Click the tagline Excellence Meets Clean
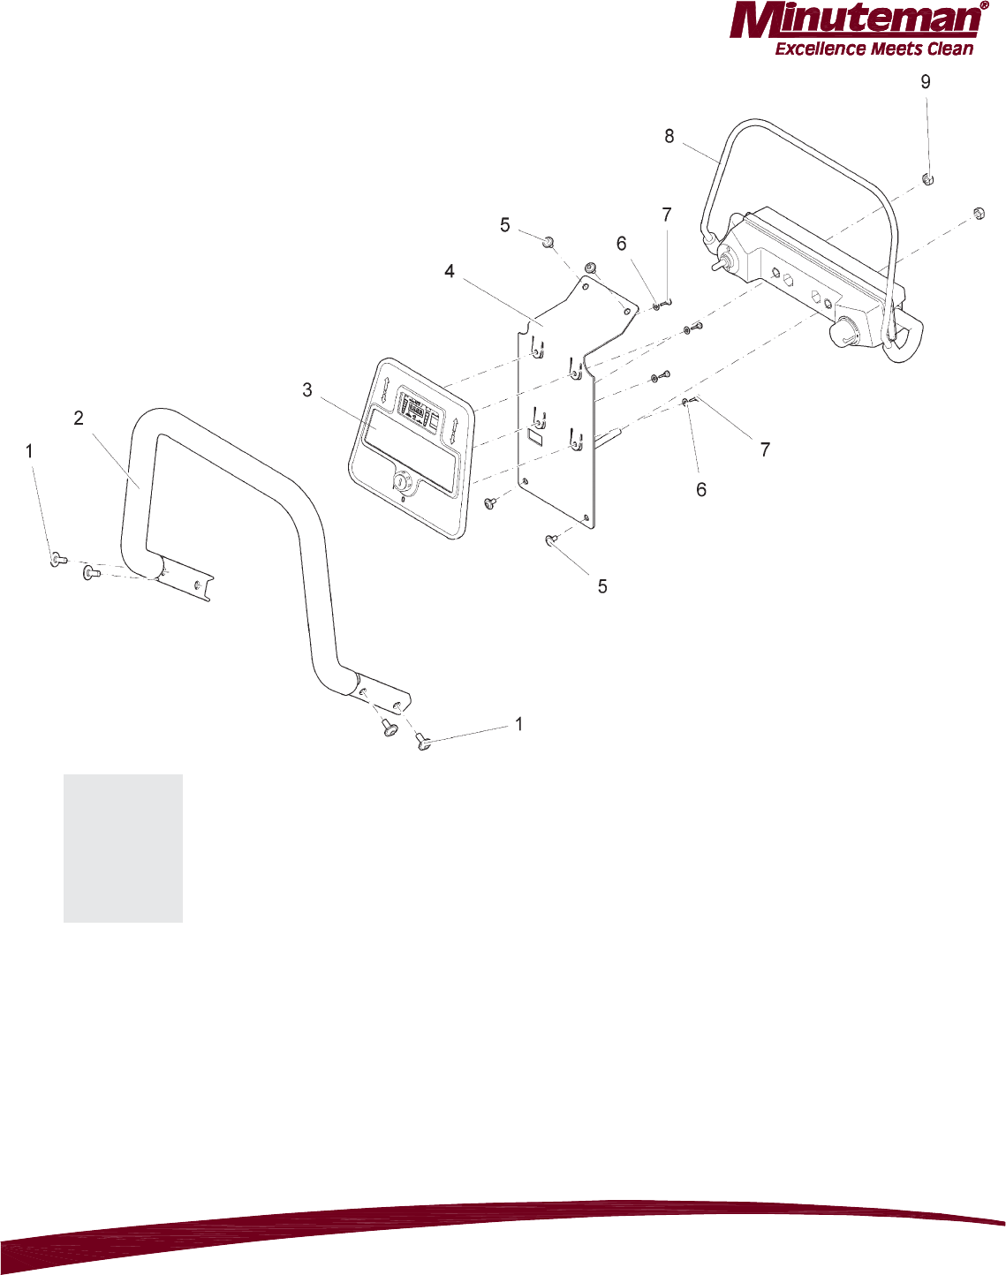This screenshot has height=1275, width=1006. (x=874, y=49)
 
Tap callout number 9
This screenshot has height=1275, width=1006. (x=926, y=82)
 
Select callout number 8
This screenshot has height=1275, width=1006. (x=669, y=136)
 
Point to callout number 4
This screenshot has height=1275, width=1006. (x=450, y=272)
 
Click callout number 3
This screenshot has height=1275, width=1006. (x=307, y=390)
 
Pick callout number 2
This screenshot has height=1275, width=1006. (x=79, y=419)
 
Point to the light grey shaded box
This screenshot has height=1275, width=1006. (x=123, y=849)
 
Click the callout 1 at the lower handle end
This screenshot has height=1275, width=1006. (x=519, y=724)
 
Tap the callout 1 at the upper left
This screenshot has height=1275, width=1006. (x=29, y=451)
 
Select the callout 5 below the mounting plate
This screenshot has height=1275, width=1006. (x=602, y=586)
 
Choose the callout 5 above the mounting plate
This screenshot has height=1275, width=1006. (x=505, y=225)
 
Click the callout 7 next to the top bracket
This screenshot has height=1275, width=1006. (x=667, y=215)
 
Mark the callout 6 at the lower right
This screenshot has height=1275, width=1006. (x=701, y=489)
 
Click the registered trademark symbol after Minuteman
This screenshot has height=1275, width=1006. (x=984, y=5)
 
